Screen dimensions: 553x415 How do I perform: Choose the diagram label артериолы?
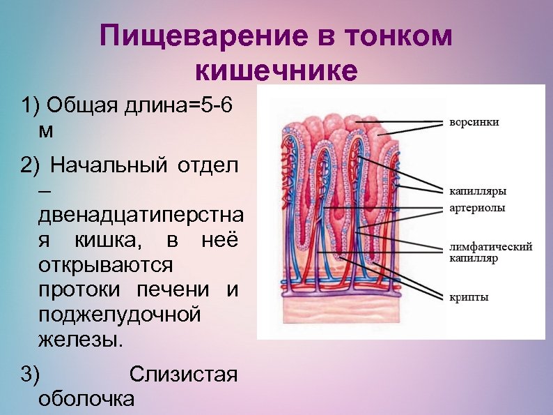pos(476,207)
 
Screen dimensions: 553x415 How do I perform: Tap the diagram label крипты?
pos(467,297)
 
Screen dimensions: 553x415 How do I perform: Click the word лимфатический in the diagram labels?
pos(491,246)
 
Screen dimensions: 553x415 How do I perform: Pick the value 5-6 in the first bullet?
pos(214,106)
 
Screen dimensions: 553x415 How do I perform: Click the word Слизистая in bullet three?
pos(183,374)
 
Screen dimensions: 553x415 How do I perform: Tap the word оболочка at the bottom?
pos(86,399)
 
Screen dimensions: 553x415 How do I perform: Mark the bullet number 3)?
pos(31,374)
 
